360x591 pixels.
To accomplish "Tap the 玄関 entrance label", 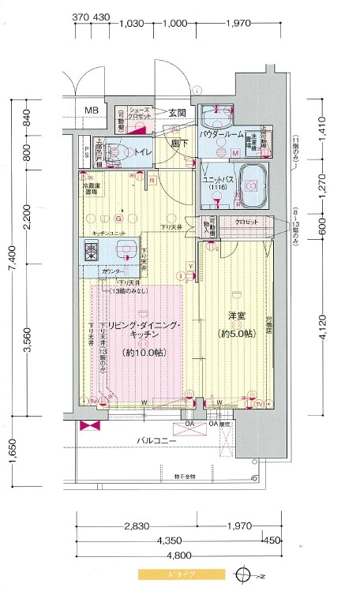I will (x=177, y=113).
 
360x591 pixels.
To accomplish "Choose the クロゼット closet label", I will (x=246, y=222).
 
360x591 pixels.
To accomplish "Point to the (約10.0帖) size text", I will (x=137, y=353).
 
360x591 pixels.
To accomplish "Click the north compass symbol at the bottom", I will (x=249, y=574).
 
